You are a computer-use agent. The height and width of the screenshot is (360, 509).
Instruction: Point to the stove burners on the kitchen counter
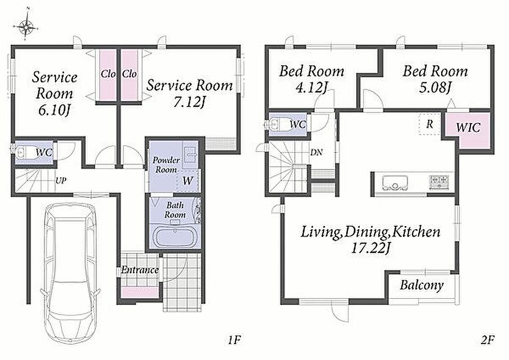click(x=439, y=182)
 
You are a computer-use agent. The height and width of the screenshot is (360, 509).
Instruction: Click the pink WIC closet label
click(x=468, y=127)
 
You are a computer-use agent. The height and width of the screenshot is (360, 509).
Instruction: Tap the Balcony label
click(x=422, y=285)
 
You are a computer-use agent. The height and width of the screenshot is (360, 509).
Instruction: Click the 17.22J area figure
click(x=371, y=248)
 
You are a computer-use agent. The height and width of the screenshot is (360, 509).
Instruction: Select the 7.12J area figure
click(x=189, y=102)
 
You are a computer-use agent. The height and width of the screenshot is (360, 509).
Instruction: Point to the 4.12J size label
click(x=312, y=87)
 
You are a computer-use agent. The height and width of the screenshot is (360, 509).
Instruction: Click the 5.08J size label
click(x=435, y=87)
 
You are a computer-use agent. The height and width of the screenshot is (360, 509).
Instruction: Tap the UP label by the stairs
click(x=61, y=180)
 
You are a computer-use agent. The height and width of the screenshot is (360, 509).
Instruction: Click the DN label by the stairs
click(x=316, y=152)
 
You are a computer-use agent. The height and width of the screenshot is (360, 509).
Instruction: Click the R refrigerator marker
click(x=429, y=124)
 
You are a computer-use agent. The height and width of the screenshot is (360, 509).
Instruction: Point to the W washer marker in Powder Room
click(x=188, y=180)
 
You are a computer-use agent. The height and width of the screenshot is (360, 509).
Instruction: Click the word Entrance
click(x=140, y=270)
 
